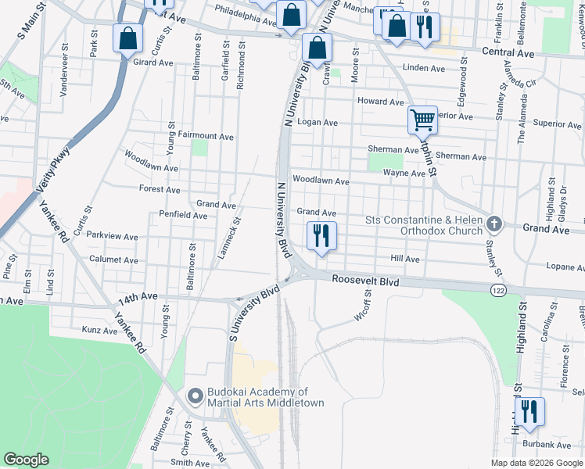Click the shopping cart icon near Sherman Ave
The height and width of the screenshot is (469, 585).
[422, 120]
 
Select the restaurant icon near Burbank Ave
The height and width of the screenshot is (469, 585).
[529, 412]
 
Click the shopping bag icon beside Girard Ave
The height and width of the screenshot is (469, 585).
[127, 38]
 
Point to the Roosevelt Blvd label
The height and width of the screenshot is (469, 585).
[365, 279]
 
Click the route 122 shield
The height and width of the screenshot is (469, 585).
[497, 290]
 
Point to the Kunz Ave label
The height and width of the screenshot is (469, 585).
[100, 331]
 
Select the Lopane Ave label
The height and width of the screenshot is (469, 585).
[565, 267]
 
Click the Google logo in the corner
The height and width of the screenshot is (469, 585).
[26, 460]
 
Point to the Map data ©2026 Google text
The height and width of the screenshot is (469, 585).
[537, 463]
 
